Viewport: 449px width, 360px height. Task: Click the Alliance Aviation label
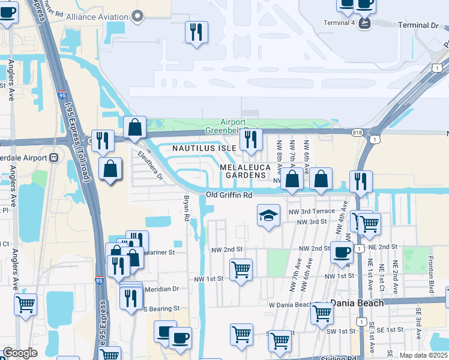tap(98, 17)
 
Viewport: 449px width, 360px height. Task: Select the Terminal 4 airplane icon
tap(366, 23)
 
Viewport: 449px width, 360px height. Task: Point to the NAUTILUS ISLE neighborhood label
tap(205, 148)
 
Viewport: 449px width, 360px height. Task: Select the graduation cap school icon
tap(268, 215)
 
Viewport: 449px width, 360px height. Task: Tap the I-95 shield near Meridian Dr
tap(99, 280)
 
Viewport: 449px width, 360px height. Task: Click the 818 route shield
tap(357, 131)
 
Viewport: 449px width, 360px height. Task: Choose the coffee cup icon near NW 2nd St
tap(342, 252)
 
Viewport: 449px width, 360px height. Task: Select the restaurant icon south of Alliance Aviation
tap(196, 32)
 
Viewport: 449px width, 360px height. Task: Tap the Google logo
tap(19, 353)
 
